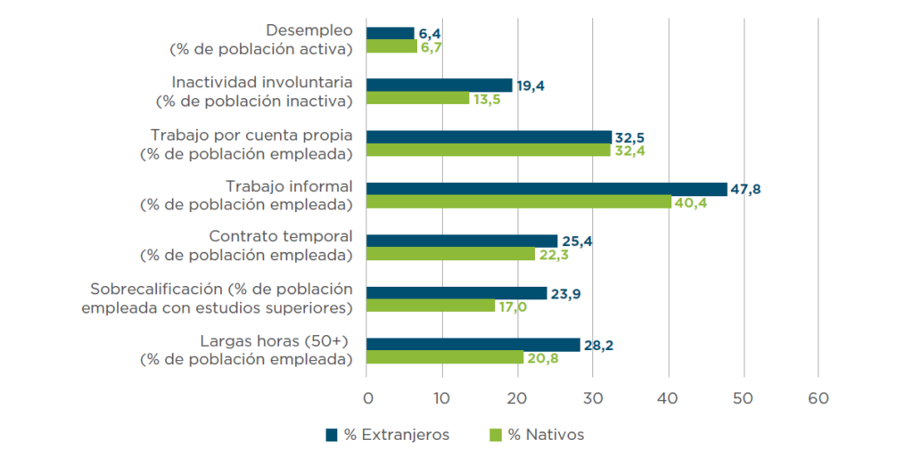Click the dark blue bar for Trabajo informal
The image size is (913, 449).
click(x=547, y=189)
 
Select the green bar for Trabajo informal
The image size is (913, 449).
click(x=519, y=202)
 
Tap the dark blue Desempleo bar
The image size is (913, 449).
click(x=391, y=33)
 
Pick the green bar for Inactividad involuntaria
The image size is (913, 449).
click(x=417, y=98)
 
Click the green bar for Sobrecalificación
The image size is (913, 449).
click(x=431, y=306)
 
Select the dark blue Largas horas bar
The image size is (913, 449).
click(x=473, y=345)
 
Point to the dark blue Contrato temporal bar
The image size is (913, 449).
click(x=462, y=241)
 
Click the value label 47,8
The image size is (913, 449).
click(x=745, y=189)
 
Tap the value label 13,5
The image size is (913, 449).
click(x=487, y=99)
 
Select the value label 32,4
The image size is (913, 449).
click(x=628, y=151)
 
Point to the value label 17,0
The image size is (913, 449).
click(x=513, y=306)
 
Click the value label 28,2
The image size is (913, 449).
click(x=597, y=345)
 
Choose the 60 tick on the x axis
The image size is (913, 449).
click(x=818, y=396)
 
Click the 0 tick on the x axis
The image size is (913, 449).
click(x=366, y=396)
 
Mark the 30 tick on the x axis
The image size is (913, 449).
click(x=593, y=396)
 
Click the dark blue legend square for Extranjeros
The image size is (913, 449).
click(x=332, y=434)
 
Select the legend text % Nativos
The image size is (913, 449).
click(x=546, y=434)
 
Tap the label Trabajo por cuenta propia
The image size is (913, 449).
click(x=251, y=135)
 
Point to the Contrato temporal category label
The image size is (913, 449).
click(x=280, y=237)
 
